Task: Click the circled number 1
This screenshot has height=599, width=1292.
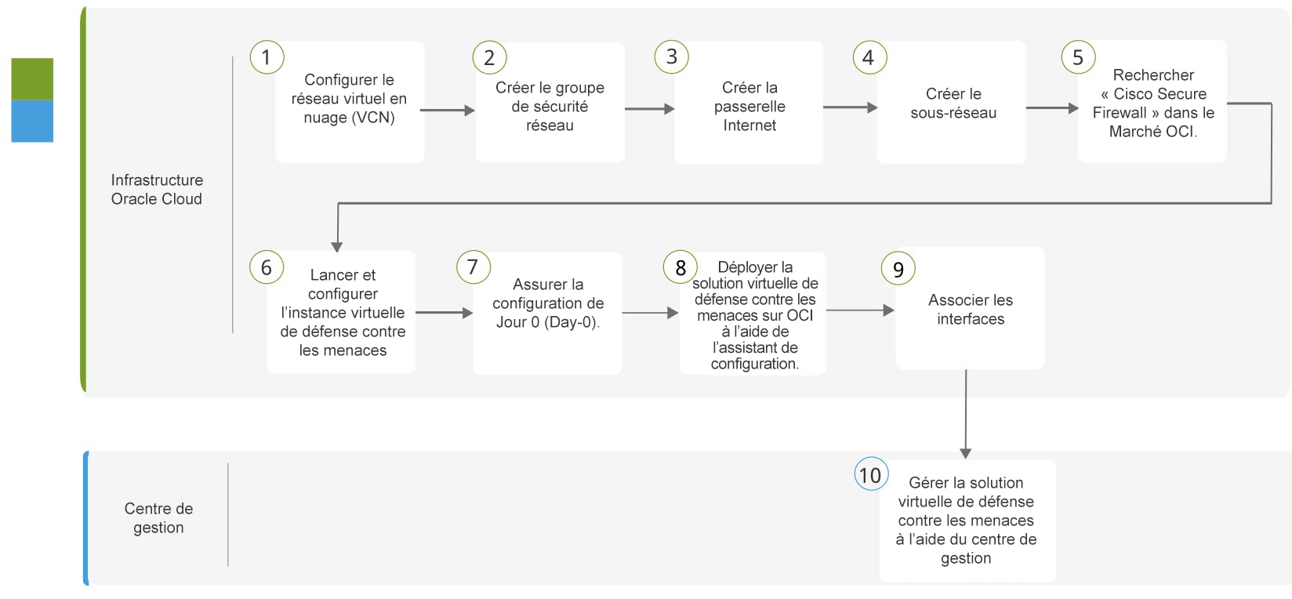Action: pos(267,57)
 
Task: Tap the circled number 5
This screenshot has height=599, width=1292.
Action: pos(1078,57)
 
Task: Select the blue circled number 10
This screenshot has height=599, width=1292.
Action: pos(871,474)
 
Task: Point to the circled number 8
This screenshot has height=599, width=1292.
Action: pos(680,267)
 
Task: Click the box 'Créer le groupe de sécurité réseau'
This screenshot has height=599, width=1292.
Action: pos(550,102)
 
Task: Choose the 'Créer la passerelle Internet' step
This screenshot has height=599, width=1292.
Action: pos(749,103)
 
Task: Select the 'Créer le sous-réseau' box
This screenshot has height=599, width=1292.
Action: pos(952,102)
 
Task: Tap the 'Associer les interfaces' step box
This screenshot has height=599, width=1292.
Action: pos(970,308)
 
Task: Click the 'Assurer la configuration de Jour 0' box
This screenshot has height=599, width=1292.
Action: pos(548,314)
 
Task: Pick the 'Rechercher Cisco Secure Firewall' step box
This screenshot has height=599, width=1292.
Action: pos(1152,101)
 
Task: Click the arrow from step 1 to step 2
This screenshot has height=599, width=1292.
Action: pos(448,110)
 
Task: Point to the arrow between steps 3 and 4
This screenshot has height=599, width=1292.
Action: pos(850,107)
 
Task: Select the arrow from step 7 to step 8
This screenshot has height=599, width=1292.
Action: pos(650,313)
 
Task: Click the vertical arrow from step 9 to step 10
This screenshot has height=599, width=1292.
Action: pos(966,414)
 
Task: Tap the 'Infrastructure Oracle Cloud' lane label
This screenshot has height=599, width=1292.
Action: pos(157,189)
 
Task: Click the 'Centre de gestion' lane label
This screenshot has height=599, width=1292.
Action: pos(158,517)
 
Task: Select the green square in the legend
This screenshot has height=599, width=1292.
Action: pos(32,79)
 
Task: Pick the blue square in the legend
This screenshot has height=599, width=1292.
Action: pos(32,122)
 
